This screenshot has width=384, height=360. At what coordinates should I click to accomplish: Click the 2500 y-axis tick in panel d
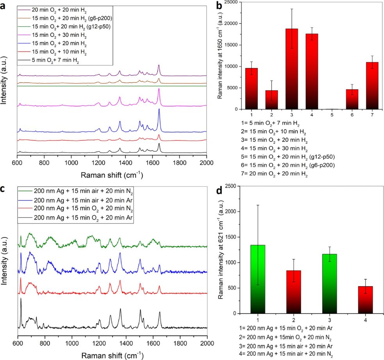tap(234, 186)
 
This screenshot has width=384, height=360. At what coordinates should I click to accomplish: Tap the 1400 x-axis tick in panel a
tap(152, 162)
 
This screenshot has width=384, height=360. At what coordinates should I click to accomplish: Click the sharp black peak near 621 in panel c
tap(21, 299)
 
